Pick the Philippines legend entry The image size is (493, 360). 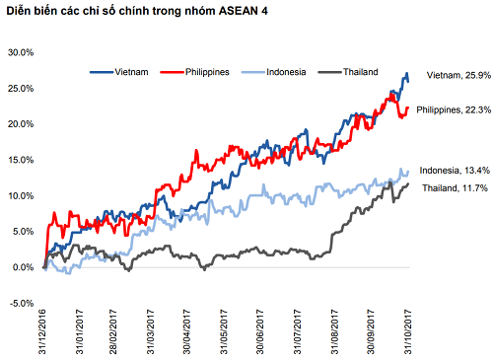click(201, 71)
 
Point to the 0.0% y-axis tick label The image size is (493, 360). click(22, 267)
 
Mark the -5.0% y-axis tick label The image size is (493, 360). click(21, 303)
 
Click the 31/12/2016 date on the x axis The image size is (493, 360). click(44, 331)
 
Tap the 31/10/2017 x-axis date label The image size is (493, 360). click(407, 331)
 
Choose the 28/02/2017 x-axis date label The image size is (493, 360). click(116, 331)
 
